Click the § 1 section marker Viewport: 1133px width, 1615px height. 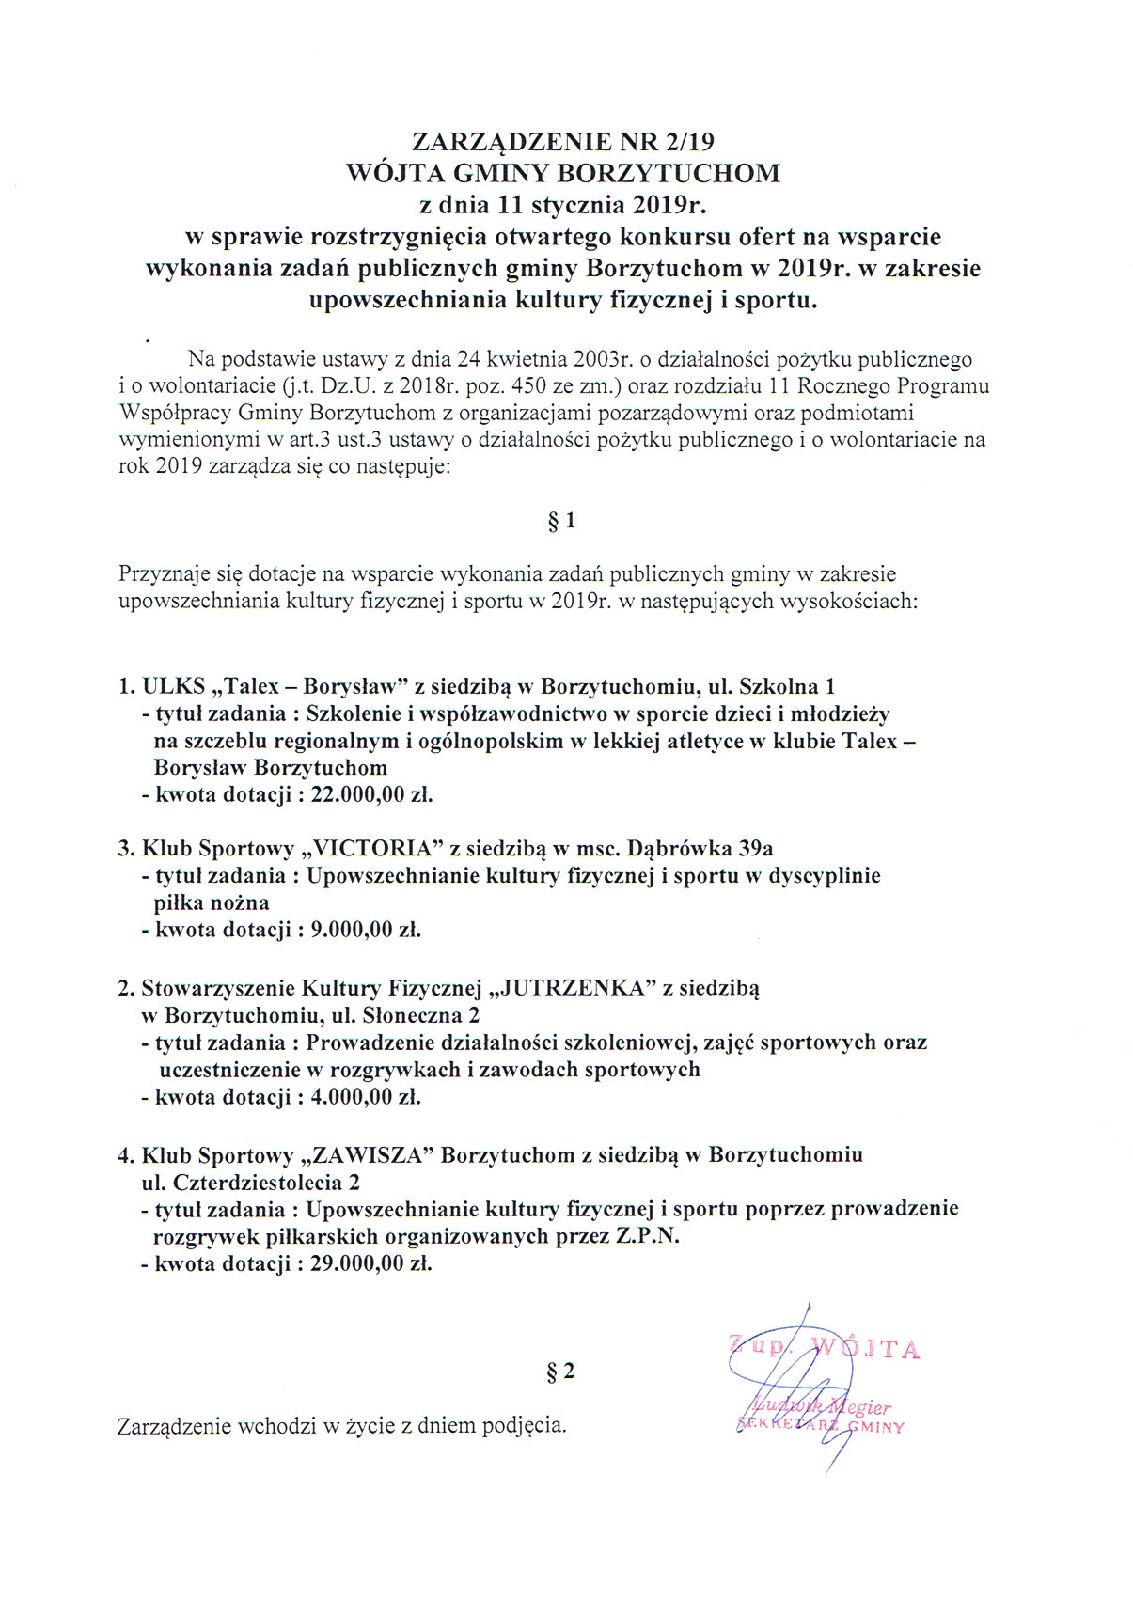(561, 521)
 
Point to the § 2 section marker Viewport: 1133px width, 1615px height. (560, 1372)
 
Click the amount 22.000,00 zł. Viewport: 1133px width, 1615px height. (371, 794)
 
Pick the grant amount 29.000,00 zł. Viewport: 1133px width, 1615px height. (371, 1263)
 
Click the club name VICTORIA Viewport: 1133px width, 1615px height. (373, 848)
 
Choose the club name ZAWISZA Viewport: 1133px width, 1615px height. (376, 1154)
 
